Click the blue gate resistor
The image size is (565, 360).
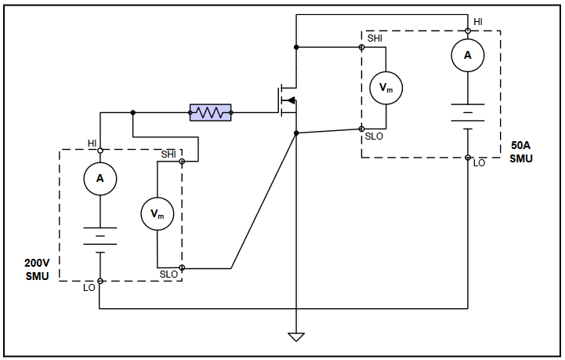pyautogui.click(x=210, y=113)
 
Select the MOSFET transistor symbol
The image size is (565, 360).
pyautogui.click(x=286, y=100)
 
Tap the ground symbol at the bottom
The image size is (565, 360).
pyautogui.click(x=296, y=337)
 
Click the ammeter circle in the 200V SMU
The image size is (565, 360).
pyautogui.click(x=100, y=179)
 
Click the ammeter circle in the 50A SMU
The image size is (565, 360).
pyautogui.click(x=468, y=55)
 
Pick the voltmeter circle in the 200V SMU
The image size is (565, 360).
pyautogui.click(x=157, y=213)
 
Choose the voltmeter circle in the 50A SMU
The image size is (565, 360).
pyautogui.click(x=386, y=88)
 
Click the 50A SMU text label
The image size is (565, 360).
pyautogui.click(x=520, y=152)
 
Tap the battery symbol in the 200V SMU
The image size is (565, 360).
pyautogui.click(x=100, y=238)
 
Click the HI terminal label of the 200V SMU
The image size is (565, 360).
pyautogui.click(x=92, y=144)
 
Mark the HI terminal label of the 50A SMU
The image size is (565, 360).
pyautogui.click(x=477, y=21)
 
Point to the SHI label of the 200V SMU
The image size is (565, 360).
pyautogui.click(x=168, y=155)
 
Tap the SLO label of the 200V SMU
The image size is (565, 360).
pyautogui.click(x=168, y=275)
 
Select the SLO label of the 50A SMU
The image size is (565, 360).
pyautogui.click(x=373, y=137)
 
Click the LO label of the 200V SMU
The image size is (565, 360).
pyautogui.click(x=89, y=288)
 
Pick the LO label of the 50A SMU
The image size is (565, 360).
pyautogui.click(x=479, y=163)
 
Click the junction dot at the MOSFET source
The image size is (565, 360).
pyautogui.click(x=296, y=133)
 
